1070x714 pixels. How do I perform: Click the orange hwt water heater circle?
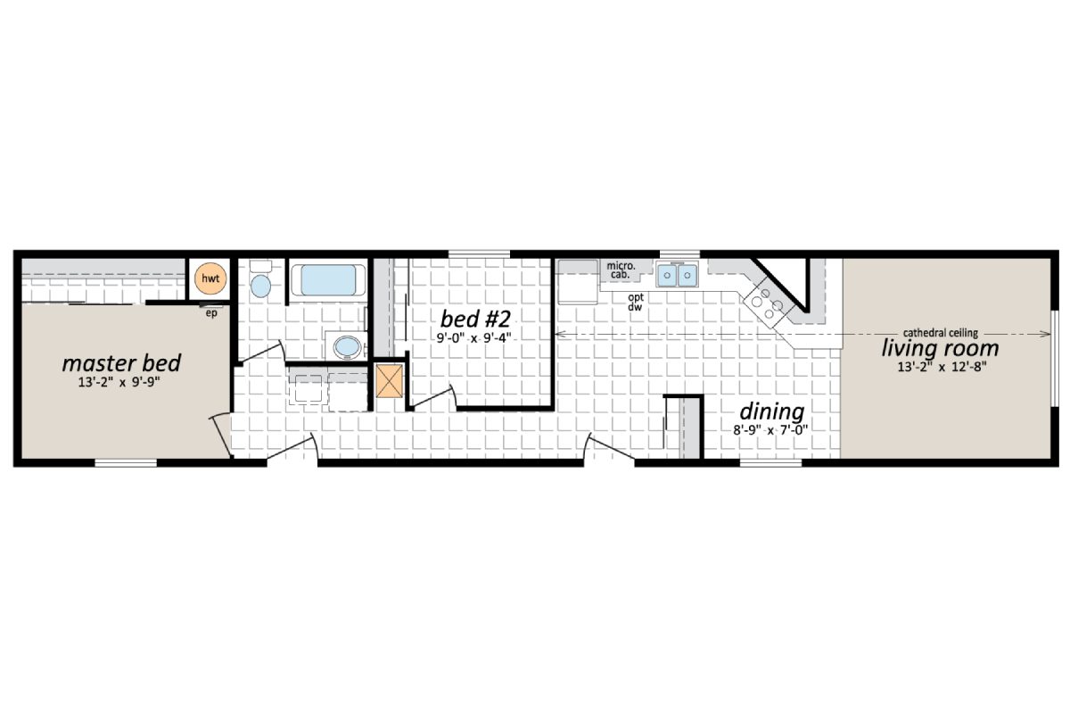coord(210,278)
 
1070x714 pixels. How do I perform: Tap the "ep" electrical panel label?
coord(211,312)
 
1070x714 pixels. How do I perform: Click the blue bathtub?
coord(328,279)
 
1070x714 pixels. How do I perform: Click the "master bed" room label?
coord(121,363)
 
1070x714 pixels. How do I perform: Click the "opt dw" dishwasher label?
coord(636,302)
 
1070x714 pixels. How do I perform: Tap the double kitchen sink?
coord(677,276)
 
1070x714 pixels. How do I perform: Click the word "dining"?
coord(772,411)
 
